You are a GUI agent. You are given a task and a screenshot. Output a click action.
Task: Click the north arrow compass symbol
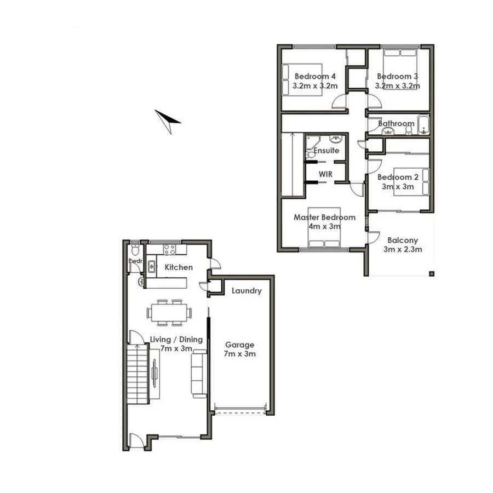(x=168, y=121)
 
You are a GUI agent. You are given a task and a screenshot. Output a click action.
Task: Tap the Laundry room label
(x=246, y=291)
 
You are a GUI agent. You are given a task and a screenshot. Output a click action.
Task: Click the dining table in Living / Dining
(x=169, y=313)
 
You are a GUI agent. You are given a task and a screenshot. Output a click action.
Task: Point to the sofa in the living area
(x=198, y=374)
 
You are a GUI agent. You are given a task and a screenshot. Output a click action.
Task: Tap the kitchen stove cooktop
(x=170, y=250)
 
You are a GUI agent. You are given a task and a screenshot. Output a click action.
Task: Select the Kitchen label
(x=179, y=267)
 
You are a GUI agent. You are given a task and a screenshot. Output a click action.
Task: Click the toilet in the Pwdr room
(x=135, y=251)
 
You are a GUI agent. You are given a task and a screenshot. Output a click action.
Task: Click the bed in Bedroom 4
(x=301, y=80)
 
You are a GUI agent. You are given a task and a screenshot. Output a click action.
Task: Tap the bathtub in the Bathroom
(x=423, y=125)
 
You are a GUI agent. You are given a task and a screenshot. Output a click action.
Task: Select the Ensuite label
(x=326, y=150)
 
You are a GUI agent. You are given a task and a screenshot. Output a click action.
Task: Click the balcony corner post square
(x=432, y=273)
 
